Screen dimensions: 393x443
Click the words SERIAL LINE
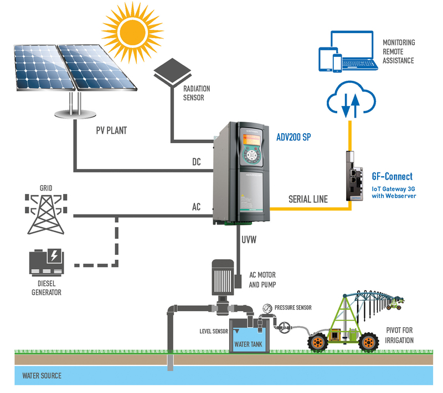[x=307, y=199]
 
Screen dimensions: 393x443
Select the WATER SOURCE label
[x=42, y=376]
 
